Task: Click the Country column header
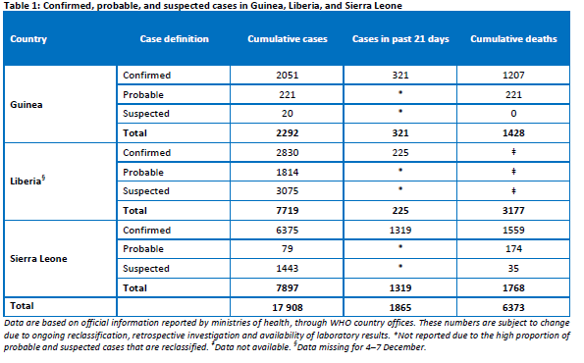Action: (28, 39)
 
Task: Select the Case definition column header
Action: (175, 38)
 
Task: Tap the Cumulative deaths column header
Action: (513, 38)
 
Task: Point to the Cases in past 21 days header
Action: (400, 39)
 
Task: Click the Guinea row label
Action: (27, 105)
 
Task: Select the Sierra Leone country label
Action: (38, 259)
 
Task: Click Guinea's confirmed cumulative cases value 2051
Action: (288, 76)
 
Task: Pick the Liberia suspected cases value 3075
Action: (288, 191)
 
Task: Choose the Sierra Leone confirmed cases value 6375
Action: (288, 231)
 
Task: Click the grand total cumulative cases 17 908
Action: (288, 307)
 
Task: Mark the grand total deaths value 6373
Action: (513, 307)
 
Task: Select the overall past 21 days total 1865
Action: (400, 307)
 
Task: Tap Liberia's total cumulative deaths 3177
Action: (513, 210)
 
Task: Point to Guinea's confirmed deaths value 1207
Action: (513, 76)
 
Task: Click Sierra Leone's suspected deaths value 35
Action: (513, 269)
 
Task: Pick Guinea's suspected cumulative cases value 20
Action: (288, 114)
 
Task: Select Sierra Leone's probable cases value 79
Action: (288, 248)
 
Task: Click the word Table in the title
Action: (14, 6)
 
